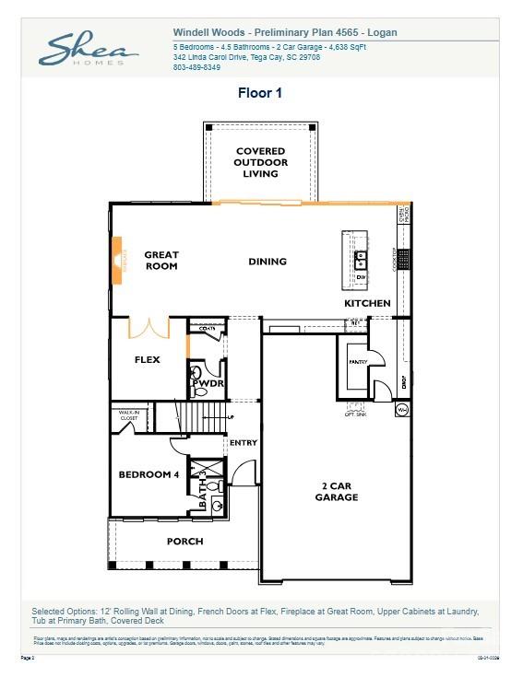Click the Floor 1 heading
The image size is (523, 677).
261,93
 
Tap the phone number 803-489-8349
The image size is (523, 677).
196,67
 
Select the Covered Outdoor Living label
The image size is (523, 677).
260,162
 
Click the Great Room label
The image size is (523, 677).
161,261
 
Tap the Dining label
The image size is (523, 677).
267,262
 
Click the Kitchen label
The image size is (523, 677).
367,303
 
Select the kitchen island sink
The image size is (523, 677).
362,258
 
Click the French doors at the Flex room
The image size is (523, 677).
149,328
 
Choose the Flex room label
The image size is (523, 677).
148,360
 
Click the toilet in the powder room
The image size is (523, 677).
196,373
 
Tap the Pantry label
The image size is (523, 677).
357,362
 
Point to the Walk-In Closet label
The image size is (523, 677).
128,415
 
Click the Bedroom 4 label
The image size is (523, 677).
149,474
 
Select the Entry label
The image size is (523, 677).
244,443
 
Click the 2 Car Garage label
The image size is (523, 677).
335,491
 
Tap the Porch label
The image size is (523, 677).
184,541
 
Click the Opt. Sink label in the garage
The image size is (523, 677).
356,414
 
